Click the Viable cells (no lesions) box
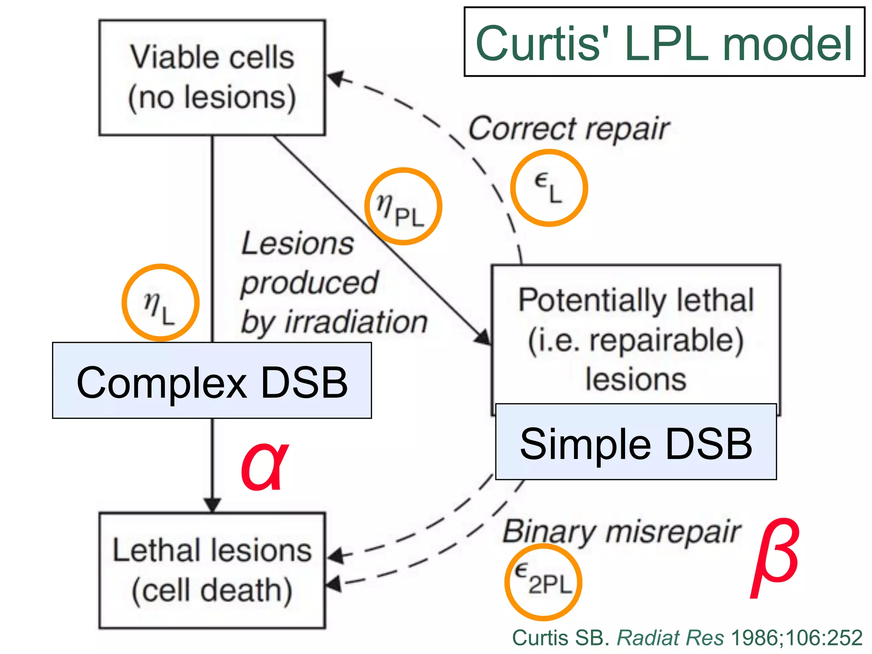coord(212,78)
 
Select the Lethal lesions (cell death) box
coord(212,571)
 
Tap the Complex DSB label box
coord(212,381)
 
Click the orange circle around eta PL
coord(403,207)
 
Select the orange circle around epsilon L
coord(549,188)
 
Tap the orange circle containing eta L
coord(161,303)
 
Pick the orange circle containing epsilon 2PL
coord(543,582)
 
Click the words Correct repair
coord(569,129)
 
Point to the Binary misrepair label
coord(622,532)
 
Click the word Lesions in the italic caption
coord(298,244)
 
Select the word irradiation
coord(356,322)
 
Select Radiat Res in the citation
coord(670,638)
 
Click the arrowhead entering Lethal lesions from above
coord(212,505)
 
